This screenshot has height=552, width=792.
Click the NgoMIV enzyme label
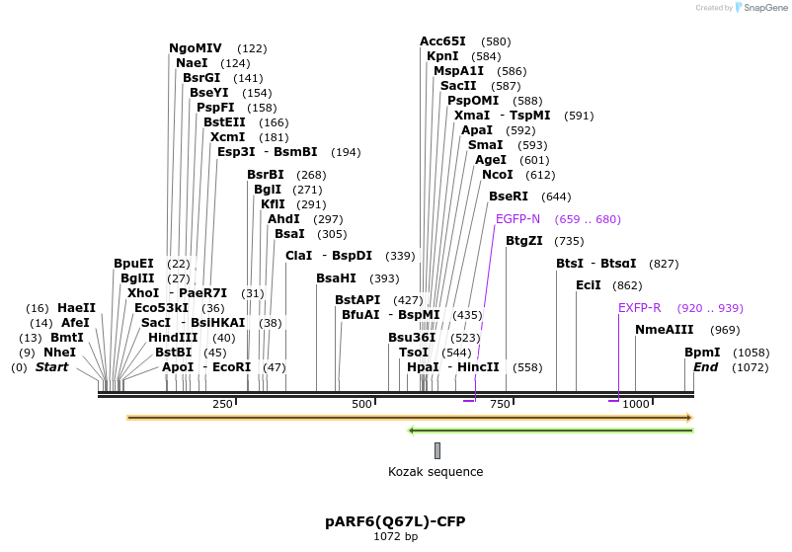point(196,47)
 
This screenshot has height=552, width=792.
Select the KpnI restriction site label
point(442,56)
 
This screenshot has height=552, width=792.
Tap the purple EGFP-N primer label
point(517,219)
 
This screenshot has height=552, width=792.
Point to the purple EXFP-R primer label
point(639,308)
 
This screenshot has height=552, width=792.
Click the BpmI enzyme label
point(702,353)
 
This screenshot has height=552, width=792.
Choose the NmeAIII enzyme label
point(665,330)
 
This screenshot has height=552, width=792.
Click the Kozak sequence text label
point(436,472)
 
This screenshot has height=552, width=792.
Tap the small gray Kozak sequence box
point(437,450)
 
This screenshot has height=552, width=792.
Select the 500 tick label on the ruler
point(361,404)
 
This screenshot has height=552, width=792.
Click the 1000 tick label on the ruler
point(636,404)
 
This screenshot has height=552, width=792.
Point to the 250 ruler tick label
point(222,404)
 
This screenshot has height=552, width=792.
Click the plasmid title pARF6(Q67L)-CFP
point(395,520)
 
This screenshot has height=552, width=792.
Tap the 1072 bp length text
point(395,537)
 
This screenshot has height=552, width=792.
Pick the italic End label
point(705,367)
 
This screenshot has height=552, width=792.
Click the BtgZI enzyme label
point(524,241)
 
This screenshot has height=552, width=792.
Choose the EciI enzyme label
point(589,285)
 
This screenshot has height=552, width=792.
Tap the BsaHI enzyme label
point(336,278)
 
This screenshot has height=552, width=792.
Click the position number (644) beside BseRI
point(557,197)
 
